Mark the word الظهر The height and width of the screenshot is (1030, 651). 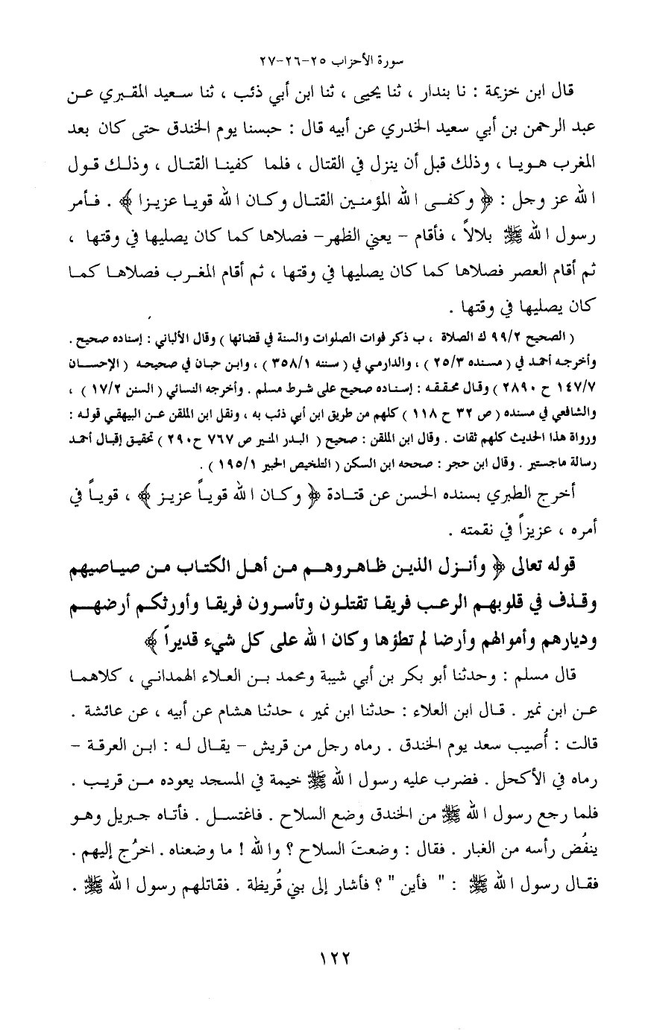coord(329,236)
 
